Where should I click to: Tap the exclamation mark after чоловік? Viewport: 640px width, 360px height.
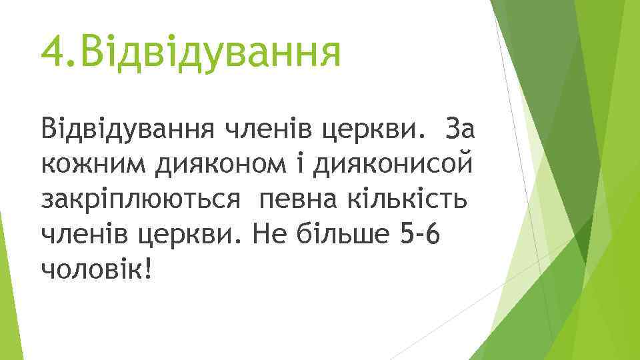(x=147, y=269)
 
